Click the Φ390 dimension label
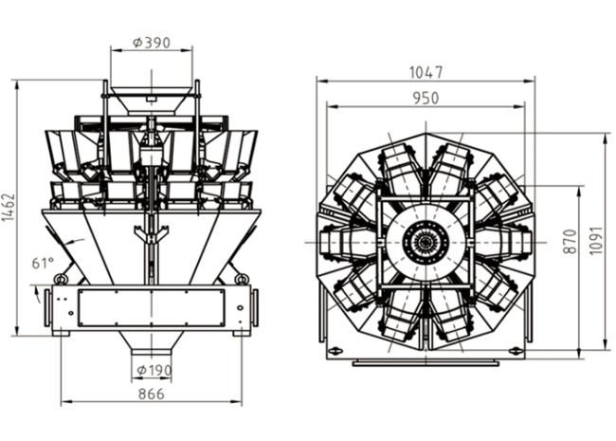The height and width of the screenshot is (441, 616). point(152,43)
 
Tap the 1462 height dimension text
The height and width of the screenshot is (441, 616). point(9,207)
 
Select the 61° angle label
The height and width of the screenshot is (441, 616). point(43,263)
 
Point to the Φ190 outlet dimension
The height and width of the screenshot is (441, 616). point(154,370)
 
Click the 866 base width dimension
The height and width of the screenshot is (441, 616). point(152,394)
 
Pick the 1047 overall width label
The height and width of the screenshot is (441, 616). point(426,73)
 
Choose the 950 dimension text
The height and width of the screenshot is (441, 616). point(426,99)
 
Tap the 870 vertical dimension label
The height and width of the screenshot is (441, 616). point(570,241)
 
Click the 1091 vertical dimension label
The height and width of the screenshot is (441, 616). point(596,241)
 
